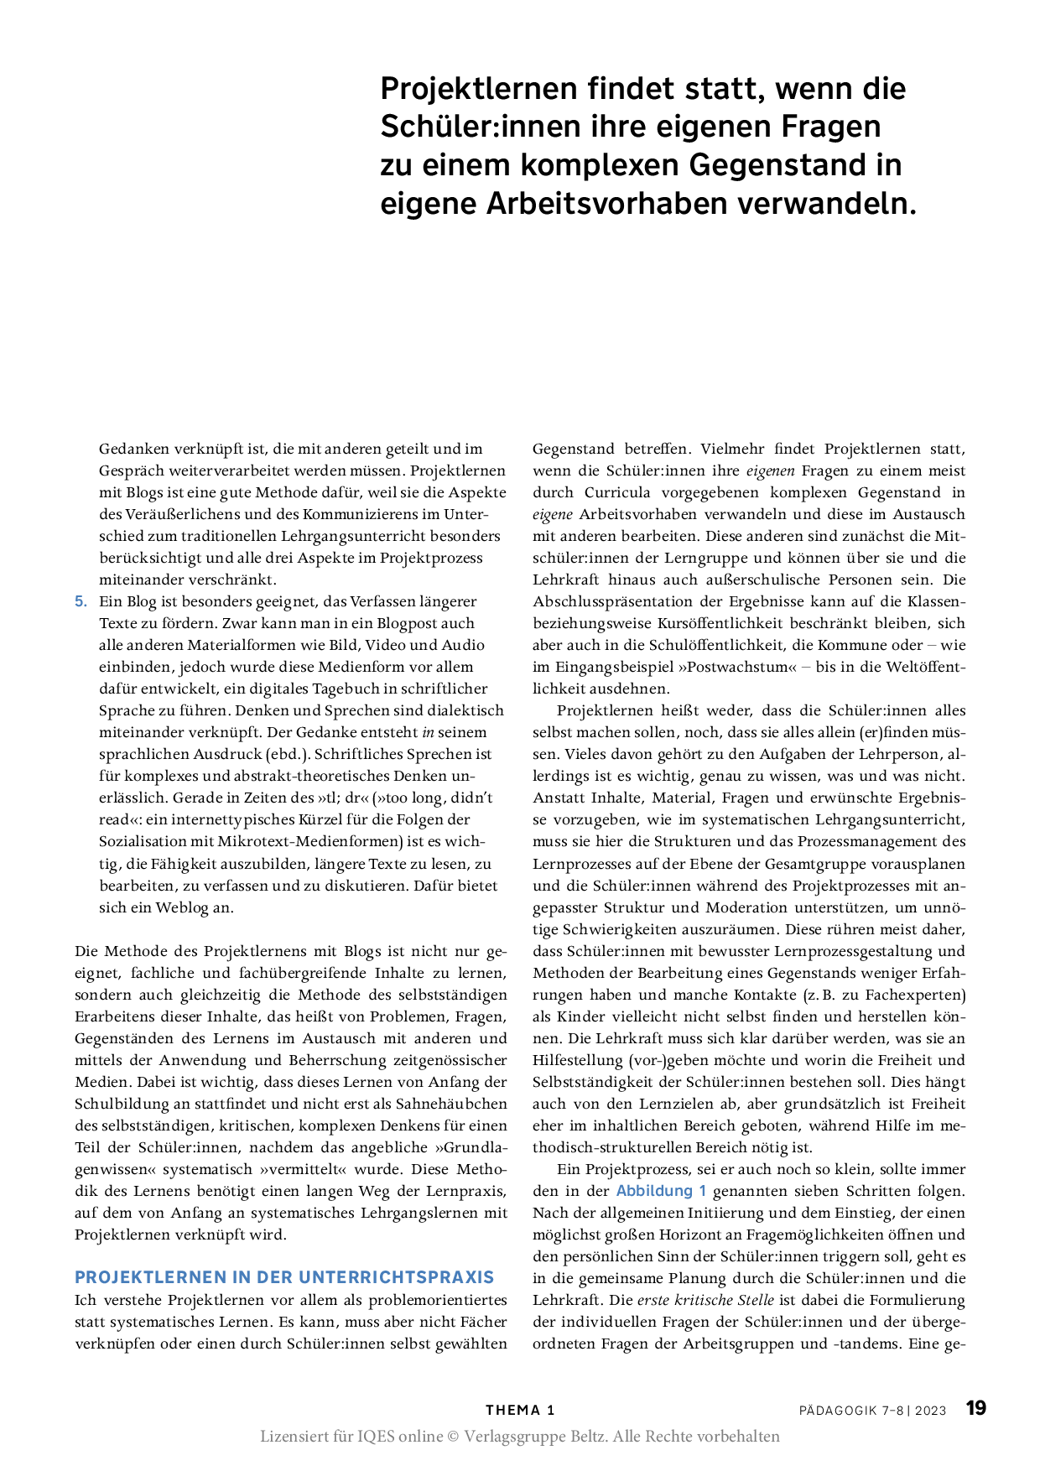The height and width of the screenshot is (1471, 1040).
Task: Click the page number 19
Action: [x=975, y=1408]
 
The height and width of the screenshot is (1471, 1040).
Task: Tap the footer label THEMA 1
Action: [x=520, y=1410]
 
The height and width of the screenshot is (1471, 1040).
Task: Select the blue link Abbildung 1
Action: [x=661, y=1191]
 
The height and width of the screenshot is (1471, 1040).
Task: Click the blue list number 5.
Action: [x=81, y=601]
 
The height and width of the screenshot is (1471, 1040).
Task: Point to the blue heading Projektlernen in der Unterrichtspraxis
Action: [x=284, y=1277]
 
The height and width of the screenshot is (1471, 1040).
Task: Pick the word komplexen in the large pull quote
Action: [x=599, y=165]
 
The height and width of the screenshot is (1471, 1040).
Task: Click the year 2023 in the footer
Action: [x=930, y=1411]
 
